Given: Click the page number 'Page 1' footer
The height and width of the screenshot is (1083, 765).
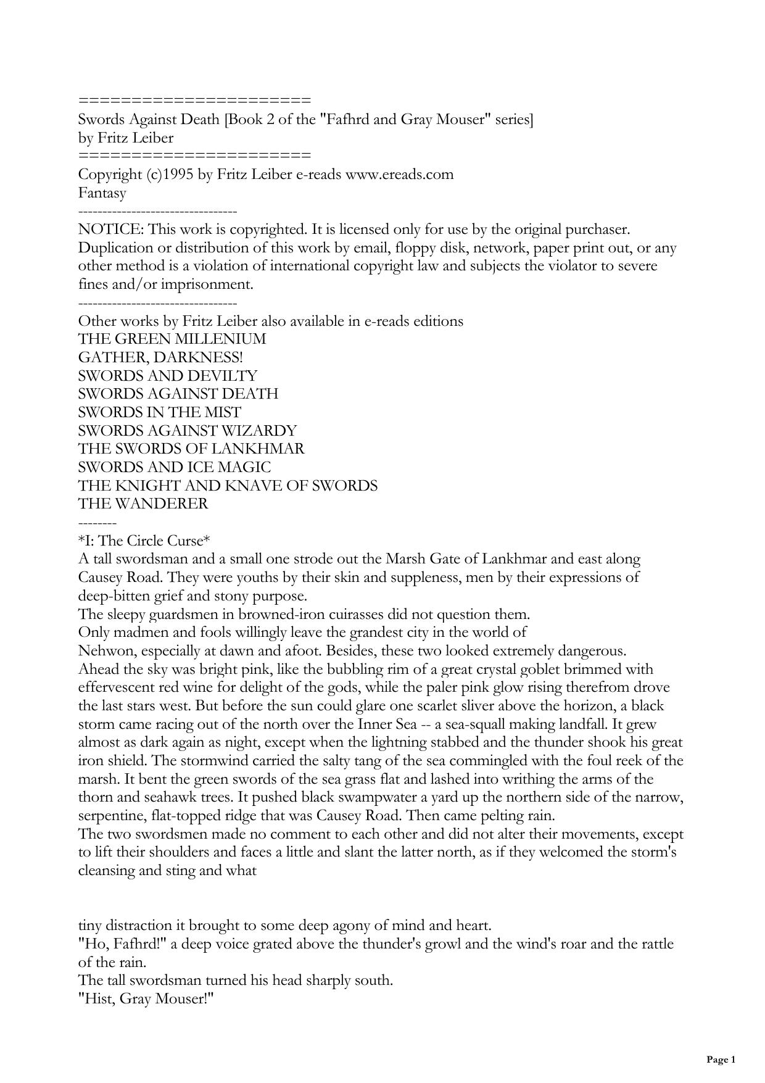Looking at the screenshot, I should (721, 1060).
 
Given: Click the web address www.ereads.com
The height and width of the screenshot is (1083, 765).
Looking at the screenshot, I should (399, 175).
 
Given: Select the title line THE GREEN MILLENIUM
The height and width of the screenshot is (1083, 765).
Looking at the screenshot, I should (172, 339).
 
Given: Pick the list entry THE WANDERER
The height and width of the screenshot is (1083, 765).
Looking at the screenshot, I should (143, 504).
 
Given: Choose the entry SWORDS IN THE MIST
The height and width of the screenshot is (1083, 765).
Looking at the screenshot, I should (160, 412).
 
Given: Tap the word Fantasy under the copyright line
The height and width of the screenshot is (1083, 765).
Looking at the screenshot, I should (102, 193).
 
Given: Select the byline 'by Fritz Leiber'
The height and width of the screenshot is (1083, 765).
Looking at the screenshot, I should (126, 138).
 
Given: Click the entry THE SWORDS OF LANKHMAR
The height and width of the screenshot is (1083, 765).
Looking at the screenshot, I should (191, 449).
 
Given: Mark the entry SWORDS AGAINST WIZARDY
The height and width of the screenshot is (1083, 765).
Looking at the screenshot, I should (188, 431).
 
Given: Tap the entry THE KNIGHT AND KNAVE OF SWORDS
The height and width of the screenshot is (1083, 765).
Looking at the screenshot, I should (228, 486).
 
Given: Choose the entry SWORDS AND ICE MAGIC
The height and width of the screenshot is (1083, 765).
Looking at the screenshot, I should (175, 467).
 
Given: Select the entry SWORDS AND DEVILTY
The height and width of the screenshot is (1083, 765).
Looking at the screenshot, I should (168, 376).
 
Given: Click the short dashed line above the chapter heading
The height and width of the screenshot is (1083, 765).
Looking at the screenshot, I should (97, 523).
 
